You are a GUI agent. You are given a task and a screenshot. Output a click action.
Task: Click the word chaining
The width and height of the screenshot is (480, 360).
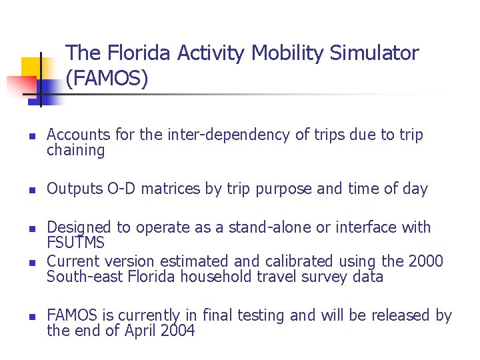(75, 151)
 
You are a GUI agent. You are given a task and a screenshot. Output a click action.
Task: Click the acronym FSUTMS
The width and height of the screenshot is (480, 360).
(76, 243)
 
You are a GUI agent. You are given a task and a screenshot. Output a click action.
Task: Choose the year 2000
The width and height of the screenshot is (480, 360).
(425, 261)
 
